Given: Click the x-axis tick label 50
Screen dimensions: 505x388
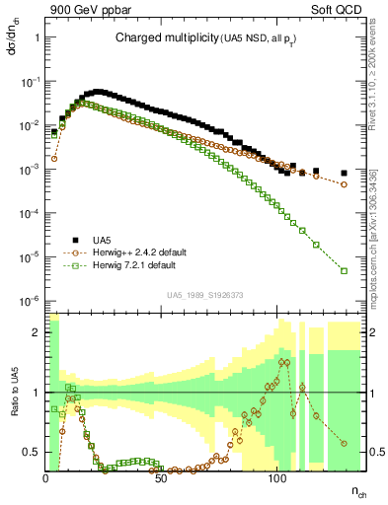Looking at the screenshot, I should [x=162, y=478].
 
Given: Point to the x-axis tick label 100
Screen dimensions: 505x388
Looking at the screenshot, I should [x=277, y=478].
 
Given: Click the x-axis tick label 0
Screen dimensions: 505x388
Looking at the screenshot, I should [x=46, y=478].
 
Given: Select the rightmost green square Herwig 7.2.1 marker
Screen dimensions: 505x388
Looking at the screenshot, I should [x=344, y=270].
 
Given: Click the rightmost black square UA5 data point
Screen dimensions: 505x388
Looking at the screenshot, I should [x=344, y=173].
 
